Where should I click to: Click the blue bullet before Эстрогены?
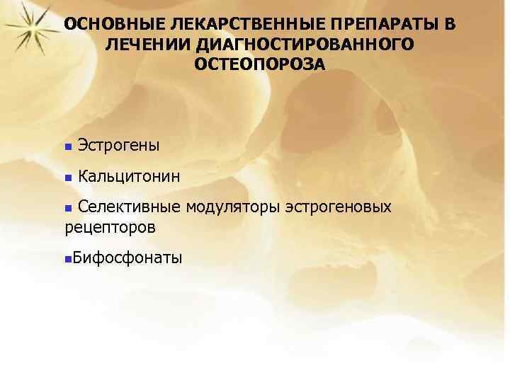(x=67, y=147)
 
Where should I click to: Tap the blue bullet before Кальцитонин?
(x=67, y=176)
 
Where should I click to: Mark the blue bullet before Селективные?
(x=68, y=208)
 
